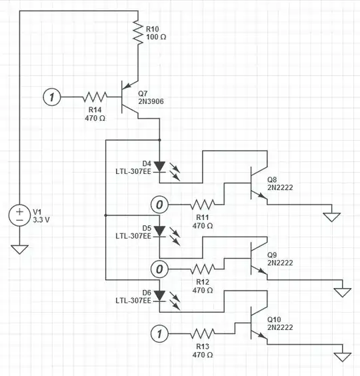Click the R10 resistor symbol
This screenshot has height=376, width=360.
[x=138, y=33]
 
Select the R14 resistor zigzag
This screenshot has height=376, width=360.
[x=95, y=97]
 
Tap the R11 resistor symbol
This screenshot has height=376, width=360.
[x=203, y=204]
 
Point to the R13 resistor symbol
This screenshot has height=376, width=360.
[x=203, y=332]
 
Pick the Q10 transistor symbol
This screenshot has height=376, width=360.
[x=255, y=323]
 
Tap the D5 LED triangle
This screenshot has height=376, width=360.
[x=160, y=230]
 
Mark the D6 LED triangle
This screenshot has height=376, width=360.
[x=160, y=294]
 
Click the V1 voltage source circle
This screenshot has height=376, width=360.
[x=20, y=215]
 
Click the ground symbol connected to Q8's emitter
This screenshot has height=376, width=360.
[x=331, y=216]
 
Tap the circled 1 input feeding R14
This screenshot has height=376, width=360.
[x=52, y=97]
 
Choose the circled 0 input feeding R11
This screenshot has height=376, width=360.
[x=159, y=204]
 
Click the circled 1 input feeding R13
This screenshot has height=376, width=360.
[x=159, y=332]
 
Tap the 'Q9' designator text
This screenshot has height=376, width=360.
[x=272, y=255]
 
